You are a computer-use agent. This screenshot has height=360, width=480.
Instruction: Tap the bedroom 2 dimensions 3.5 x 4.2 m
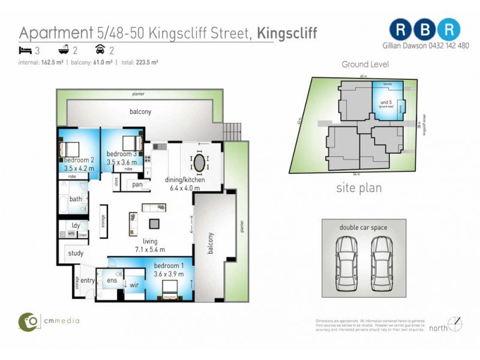(79, 169)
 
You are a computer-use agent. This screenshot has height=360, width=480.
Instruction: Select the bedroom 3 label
(122, 152)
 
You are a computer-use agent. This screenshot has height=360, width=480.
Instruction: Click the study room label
(75, 253)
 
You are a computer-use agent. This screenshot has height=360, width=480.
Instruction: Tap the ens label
(111, 280)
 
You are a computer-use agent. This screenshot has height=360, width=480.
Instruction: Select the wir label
(134, 285)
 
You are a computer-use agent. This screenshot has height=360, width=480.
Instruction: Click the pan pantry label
(137, 185)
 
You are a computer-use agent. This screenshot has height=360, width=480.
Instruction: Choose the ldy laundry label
(76, 226)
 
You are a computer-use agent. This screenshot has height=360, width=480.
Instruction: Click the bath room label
(76, 199)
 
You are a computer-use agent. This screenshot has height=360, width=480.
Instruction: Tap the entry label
(88, 280)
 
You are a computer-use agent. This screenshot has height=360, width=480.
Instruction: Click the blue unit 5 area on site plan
(386, 102)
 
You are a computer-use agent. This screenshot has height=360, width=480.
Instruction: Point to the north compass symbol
(455, 324)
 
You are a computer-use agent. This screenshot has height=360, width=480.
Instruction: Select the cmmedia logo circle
(28, 321)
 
